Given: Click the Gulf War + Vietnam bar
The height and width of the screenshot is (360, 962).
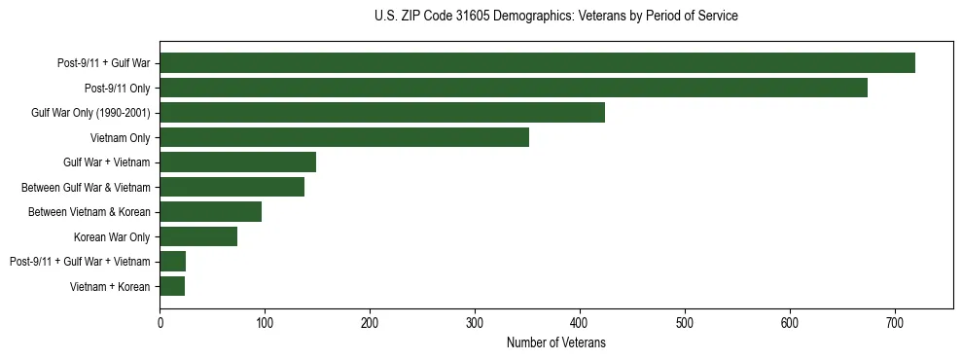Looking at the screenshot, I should [x=238, y=162].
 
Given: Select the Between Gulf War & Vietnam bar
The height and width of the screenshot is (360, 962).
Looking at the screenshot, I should [x=232, y=187].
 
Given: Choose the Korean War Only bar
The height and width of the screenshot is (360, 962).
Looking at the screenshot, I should [x=198, y=236].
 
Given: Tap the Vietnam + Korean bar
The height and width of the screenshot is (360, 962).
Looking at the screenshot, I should [x=172, y=286].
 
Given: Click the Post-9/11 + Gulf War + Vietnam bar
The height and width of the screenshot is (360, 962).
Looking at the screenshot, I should [x=173, y=261].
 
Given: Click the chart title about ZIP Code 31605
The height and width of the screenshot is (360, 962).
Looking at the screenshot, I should [x=555, y=17].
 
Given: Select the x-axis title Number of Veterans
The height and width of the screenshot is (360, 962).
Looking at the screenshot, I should [x=555, y=342].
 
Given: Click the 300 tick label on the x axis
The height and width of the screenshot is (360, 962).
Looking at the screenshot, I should [x=475, y=322].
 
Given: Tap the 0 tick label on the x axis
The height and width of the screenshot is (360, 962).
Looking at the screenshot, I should [x=160, y=322].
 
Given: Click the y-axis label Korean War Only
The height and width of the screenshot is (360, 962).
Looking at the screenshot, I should [x=112, y=236].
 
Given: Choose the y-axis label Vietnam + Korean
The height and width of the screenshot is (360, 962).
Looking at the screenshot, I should [x=110, y=286].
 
